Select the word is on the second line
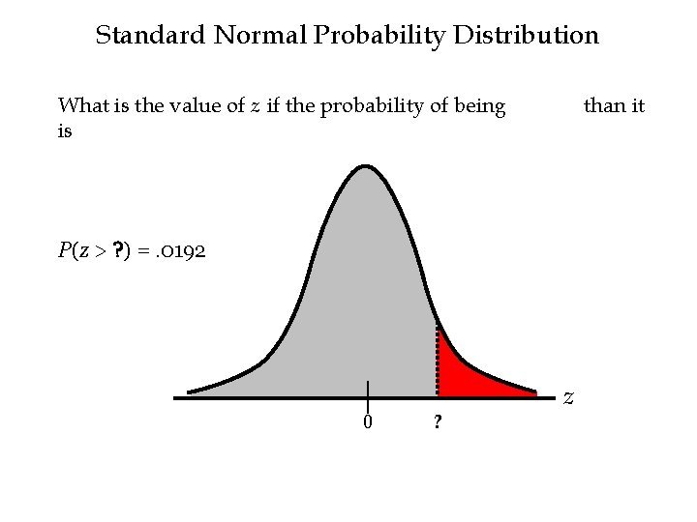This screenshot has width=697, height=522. [65, 130]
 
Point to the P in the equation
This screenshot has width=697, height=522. [64, 252]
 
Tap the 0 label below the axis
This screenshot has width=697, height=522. [368, 421]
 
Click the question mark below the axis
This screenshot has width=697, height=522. [439, 422]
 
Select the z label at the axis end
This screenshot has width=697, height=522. [569, 396]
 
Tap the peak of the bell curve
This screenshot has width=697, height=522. [366, 168]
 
